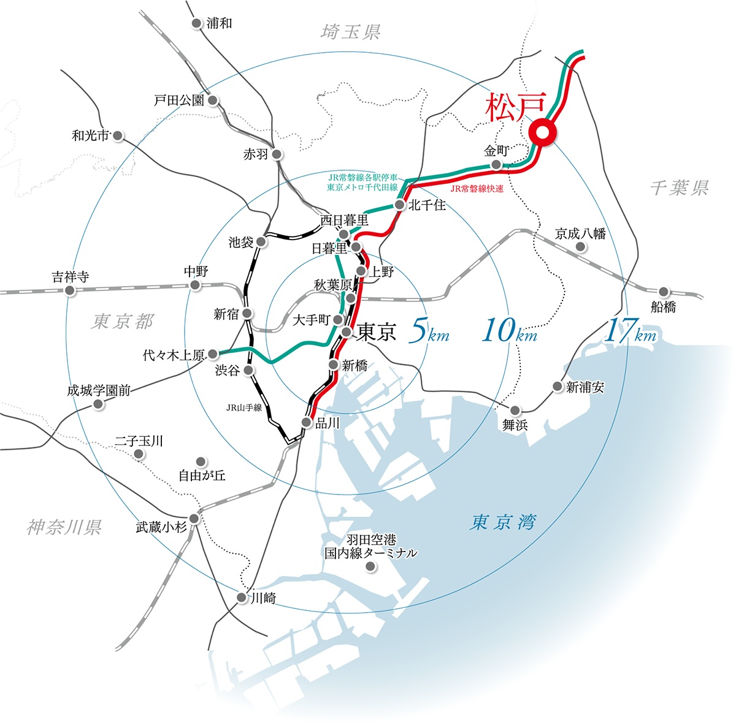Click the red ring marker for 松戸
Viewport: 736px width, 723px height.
pos(542,132)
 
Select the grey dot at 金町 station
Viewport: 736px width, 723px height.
pos(496,165)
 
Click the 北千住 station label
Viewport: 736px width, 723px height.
pos(427,205)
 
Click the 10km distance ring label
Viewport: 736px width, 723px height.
pos(509,331)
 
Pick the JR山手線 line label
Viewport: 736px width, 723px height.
pos(244,407)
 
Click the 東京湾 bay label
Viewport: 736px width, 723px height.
pos(503,522)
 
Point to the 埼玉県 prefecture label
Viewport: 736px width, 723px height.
pos(351,32)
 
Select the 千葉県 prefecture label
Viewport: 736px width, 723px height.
pos(679,187)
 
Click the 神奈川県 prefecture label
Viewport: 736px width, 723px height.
pos(64,527)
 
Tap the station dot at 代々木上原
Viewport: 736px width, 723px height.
pos(213,354)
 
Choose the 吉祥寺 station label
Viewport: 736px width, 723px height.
pos(70,277)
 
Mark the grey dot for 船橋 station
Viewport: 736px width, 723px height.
pos(664,292)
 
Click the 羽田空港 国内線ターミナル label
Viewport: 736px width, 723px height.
pos(370,546)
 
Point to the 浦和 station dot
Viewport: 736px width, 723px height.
pos(196,23)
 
